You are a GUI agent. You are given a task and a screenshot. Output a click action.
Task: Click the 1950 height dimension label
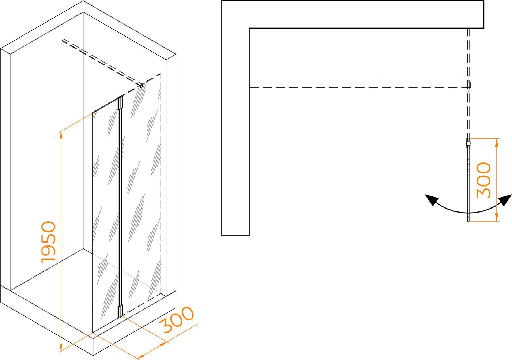tap(48, 242)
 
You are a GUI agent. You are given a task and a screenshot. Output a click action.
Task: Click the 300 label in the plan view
tap(483, 180)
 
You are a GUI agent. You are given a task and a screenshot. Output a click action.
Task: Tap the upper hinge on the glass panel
tap(120, 103)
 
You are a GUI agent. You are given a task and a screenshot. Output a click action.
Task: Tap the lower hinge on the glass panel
tap(120, 311)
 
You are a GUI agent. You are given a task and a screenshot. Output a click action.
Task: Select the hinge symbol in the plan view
tap(468, 143)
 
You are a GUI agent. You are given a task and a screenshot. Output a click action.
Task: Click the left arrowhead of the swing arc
tap(431, 200)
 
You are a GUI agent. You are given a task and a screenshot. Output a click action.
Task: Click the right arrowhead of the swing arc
tap(505, 200)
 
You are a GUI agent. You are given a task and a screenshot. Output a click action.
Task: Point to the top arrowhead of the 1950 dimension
tap(61, 135)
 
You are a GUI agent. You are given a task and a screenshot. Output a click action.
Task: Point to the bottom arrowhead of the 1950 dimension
tap(61, 348)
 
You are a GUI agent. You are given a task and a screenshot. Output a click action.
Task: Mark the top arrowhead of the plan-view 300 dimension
tap(497, 142)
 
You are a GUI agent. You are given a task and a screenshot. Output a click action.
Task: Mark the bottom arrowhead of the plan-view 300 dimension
tap(497, 217)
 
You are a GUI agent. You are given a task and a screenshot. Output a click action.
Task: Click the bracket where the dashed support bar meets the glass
tap(142, 86)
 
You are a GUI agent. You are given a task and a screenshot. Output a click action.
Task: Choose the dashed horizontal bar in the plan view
tap(359, 85)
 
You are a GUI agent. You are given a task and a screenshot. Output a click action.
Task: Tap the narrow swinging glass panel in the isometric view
tap(106, 215)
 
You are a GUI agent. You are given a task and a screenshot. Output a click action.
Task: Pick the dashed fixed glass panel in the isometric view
tap(141, 194)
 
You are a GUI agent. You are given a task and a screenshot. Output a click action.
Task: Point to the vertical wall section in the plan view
tap(236, 131)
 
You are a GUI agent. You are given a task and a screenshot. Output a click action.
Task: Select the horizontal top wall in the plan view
tap(353, 14)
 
